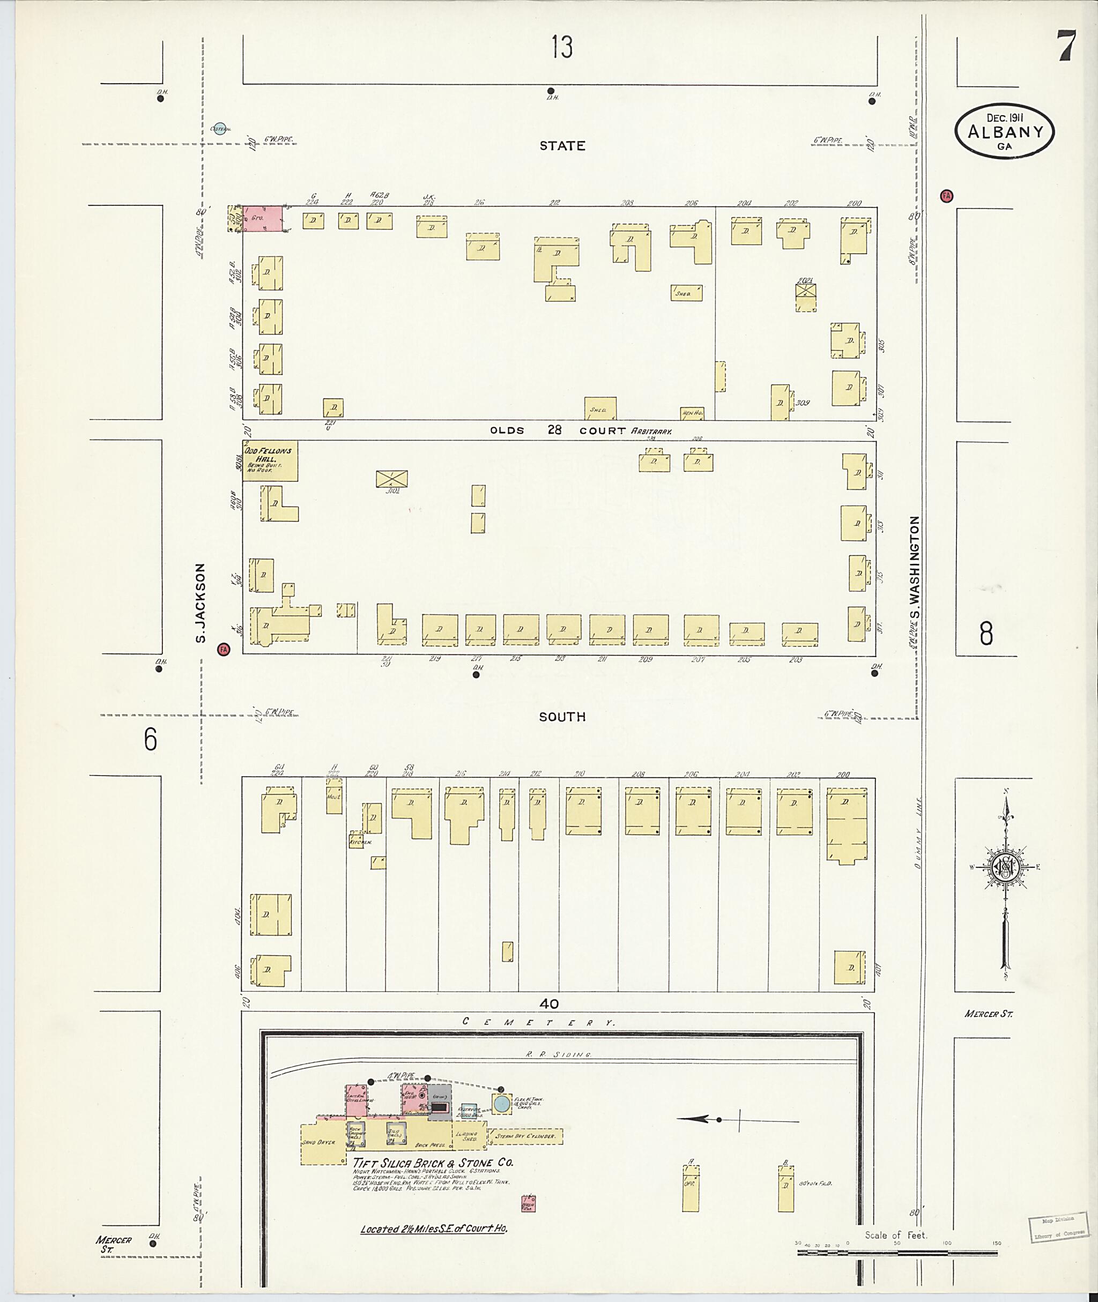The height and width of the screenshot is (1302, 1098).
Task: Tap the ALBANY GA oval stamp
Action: point(1005,132)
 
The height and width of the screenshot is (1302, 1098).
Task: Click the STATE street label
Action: point(562,146)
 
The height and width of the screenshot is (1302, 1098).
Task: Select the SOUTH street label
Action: point(562,717)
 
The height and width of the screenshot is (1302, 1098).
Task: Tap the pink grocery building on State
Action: point(262,220)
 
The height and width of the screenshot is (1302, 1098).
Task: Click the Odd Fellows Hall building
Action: point(270,461)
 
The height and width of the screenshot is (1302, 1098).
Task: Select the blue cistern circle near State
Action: point(219,128)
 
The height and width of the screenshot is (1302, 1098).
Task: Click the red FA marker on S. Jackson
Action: point(224,649)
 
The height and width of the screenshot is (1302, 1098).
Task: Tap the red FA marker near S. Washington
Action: point(947,196)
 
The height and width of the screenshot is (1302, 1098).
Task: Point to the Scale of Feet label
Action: point(896,1235)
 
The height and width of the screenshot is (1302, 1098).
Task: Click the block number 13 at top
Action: point(561,47)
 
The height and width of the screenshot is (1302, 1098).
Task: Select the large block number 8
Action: point(985,634)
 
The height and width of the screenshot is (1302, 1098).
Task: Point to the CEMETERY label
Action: point(539,1022)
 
